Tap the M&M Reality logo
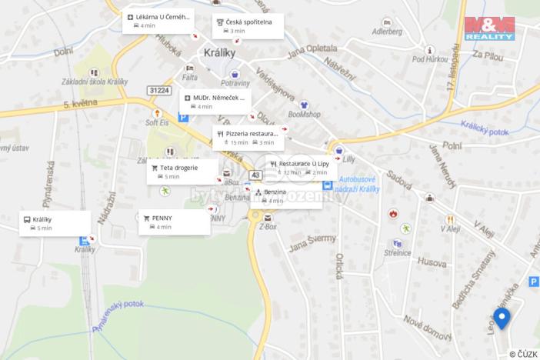(x=489, y=28)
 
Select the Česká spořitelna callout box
(x=248, y=25)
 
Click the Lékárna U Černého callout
(x=158, y=20)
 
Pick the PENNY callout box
(x=175, y=222)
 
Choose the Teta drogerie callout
(x=182, y=172)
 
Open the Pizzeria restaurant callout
(x=248, y=137)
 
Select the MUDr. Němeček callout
(x=215, y=102)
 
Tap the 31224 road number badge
(x=159, y=91)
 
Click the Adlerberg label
(x=387, y=32)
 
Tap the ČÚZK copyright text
(x=522, y=353)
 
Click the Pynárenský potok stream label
(x=123, y=316)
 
